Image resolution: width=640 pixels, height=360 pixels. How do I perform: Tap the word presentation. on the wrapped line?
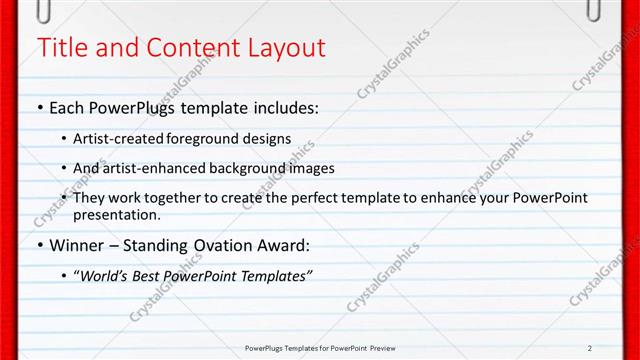(116, 215)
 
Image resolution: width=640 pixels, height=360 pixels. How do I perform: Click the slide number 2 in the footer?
(590, 348)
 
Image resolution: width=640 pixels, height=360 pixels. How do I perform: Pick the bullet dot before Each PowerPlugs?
(39, 107)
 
